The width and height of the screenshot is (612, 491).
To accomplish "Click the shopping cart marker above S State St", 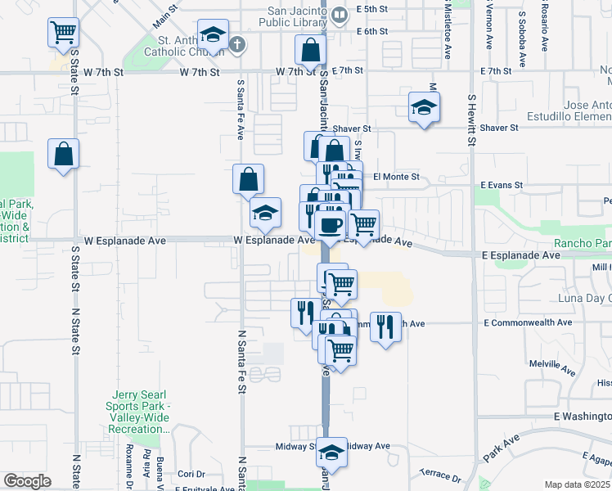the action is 63,33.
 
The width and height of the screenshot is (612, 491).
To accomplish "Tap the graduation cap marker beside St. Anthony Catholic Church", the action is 213,36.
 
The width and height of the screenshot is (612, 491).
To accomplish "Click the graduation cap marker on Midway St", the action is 331,451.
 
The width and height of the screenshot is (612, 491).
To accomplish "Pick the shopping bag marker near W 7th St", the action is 311,52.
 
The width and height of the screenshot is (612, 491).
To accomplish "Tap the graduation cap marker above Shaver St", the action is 424,108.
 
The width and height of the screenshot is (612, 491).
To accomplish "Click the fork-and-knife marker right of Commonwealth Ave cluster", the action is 386,327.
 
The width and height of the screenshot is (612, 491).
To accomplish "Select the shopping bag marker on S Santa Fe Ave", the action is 248,179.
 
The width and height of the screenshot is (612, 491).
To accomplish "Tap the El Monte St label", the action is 396,177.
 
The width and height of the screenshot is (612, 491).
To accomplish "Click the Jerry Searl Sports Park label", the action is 137,412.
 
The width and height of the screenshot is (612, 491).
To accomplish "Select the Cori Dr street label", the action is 191,474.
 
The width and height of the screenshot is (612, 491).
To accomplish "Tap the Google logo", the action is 27,481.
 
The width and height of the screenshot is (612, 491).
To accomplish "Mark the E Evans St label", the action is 502,186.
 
